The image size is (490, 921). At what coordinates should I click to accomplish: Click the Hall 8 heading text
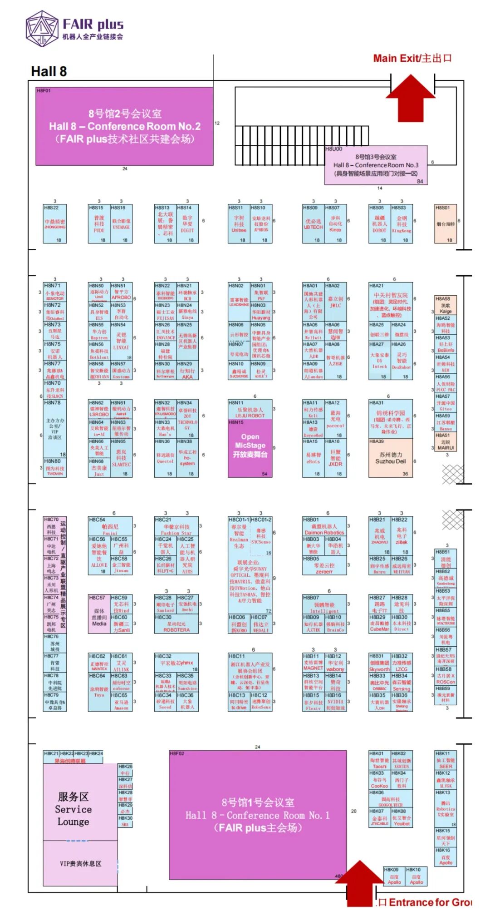pyautogui.click(x=49, y=71)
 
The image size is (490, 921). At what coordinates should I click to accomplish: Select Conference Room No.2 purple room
pyautogui.click(x=124, y=126)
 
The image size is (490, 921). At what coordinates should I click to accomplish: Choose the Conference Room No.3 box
pyautogui.click(x=376, y=165)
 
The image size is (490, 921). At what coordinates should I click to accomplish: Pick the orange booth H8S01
pyautogui.click(x=446, y=224)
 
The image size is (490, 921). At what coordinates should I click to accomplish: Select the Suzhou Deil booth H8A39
pyautogui.click(x=390, y=458)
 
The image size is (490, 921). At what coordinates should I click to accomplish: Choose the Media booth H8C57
pyautogui.click(x=99, y=613)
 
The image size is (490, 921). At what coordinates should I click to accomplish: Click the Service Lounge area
pyautogui.click(x=73, y=809)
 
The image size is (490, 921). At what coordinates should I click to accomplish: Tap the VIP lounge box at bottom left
pyautogui.click(x=80, y=863)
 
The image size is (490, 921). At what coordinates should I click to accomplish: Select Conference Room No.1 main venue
pyautogui.click(x=257, y=815)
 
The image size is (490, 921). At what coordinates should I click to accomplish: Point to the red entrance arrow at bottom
pyautogui.click(x=360, y=883)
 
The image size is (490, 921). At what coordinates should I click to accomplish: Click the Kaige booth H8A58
pyautogui.click(x=446, y=305)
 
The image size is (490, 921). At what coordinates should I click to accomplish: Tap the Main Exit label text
pyautogui.click(x=412, y=58)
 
